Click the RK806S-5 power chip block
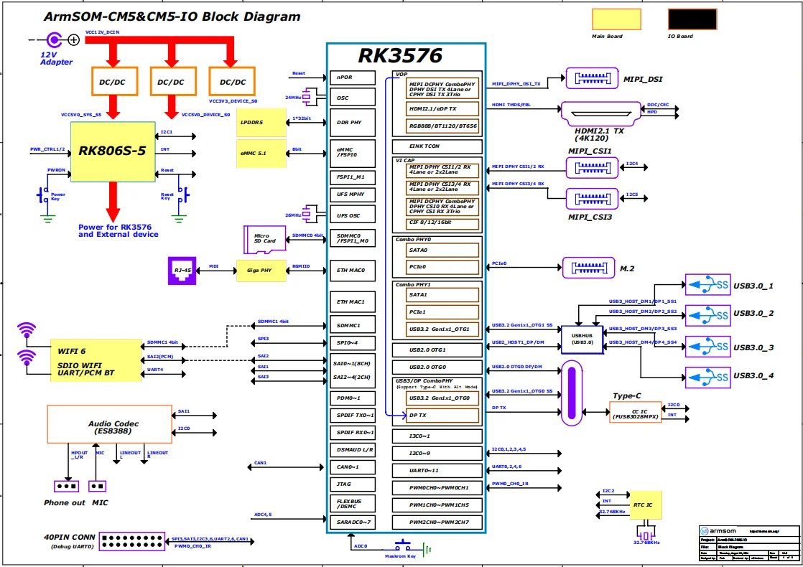pos(113,151)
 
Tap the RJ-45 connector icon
pos(182,271)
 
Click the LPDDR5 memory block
pos(260,123)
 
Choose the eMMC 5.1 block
pos(260,154)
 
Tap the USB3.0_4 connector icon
pos(707,376)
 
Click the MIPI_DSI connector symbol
pos(592,78)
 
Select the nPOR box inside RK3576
pos(353,78)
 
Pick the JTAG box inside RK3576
pos(353,484)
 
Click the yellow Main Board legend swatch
pos(617,19)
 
